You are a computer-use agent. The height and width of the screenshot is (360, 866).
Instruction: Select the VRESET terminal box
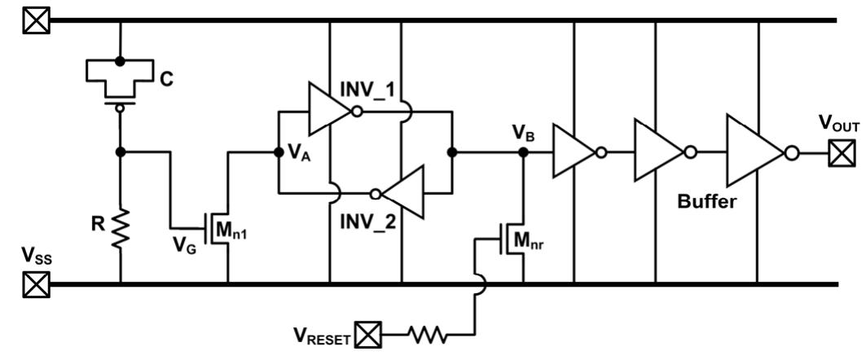371,334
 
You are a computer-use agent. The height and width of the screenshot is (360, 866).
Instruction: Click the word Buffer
706,202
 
